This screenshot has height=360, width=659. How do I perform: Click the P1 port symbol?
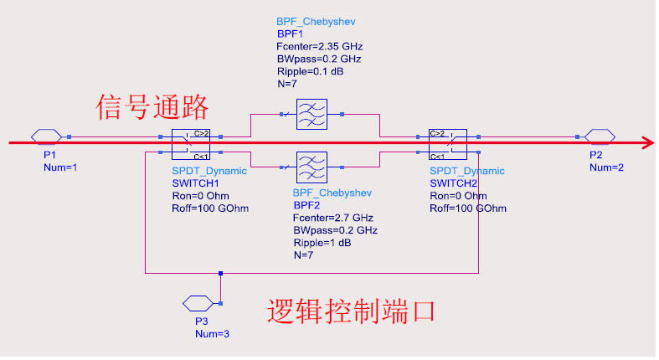click(45, 136)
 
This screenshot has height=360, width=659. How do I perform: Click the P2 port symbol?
click(600, 136)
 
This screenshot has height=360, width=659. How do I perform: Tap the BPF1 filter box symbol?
click(310, 113)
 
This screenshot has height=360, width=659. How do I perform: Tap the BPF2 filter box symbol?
click(310, 167)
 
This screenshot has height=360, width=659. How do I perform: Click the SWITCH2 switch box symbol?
click(447, 144)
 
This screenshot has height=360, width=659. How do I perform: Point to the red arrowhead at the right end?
click(647, 143)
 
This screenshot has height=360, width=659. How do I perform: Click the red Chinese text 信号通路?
click(152, 107)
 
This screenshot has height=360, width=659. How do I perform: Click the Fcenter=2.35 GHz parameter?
click(319, 46)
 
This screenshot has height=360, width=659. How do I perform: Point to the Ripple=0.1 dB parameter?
click(310, 71)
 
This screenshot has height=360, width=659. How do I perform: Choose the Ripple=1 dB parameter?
click(322, 242)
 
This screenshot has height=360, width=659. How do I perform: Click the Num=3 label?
click(212, 333)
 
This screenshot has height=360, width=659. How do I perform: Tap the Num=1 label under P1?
click(60, 167)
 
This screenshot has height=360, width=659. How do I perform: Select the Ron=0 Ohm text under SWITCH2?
click(457, 195)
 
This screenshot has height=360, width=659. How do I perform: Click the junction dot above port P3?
click(220, 273)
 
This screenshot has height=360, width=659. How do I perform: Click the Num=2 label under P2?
click(606, 167)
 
